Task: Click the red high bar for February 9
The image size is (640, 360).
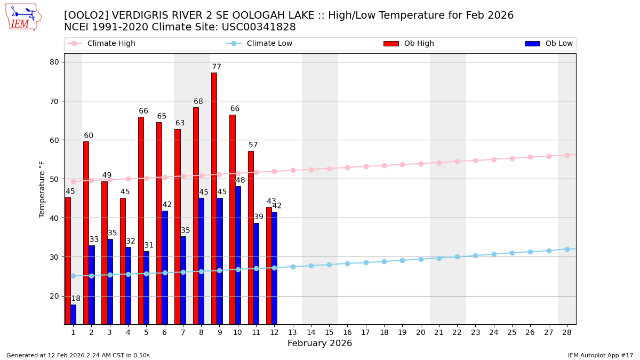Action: (214, 198)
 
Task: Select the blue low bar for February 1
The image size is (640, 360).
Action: (73, 314)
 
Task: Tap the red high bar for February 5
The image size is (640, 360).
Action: (141, 220)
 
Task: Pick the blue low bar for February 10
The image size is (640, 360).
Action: (238, 255)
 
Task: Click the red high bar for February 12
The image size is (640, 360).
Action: (269, 266)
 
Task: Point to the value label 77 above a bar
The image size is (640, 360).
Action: (217, 67)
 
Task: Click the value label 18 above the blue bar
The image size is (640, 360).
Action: (76, 299)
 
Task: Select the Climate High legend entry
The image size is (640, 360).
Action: (101, 44)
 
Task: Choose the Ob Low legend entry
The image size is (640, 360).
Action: (549, 44)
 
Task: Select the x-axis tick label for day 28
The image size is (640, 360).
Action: (567, 332)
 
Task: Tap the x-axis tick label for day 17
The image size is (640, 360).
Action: (366, 332)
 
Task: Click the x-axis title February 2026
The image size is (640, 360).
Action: (319, 343)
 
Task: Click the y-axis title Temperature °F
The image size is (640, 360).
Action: (42, 189)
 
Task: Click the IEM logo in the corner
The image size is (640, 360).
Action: (23, 17)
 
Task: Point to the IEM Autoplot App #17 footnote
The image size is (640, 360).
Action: (600, 355)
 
